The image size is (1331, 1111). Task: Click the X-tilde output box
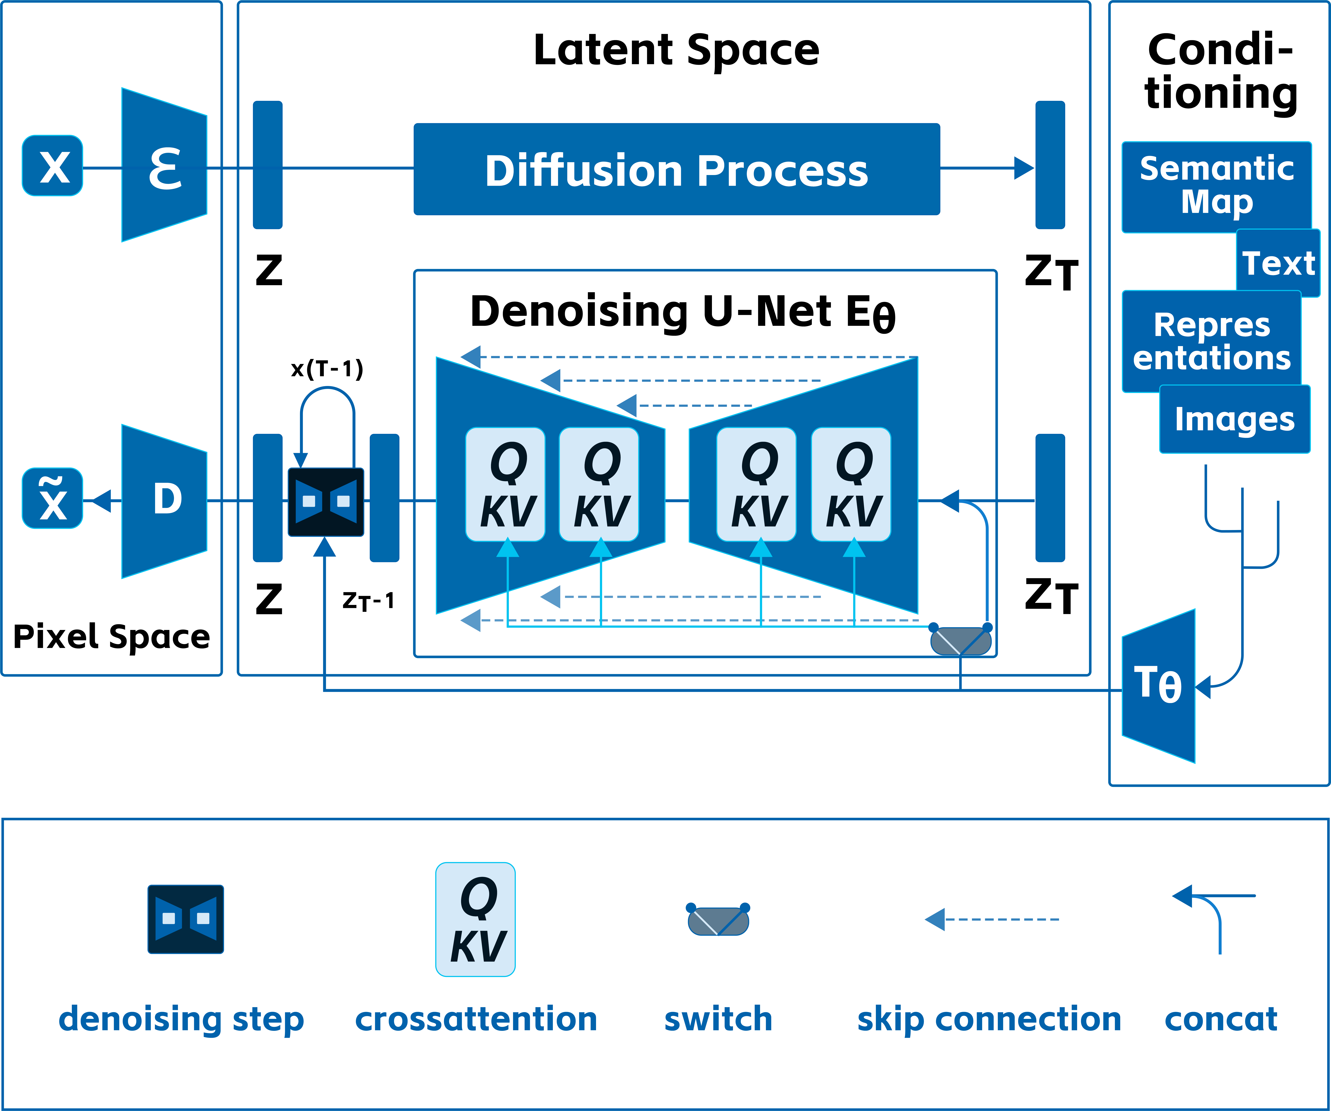click(x=53, y=498)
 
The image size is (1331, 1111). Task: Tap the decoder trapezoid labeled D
click(x=165, y=501)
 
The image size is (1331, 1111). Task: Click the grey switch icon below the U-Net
click(x=960, y=641)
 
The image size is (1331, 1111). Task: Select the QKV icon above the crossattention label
click(x=475, y=919)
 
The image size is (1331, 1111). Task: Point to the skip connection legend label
click(x=989, y=1020)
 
